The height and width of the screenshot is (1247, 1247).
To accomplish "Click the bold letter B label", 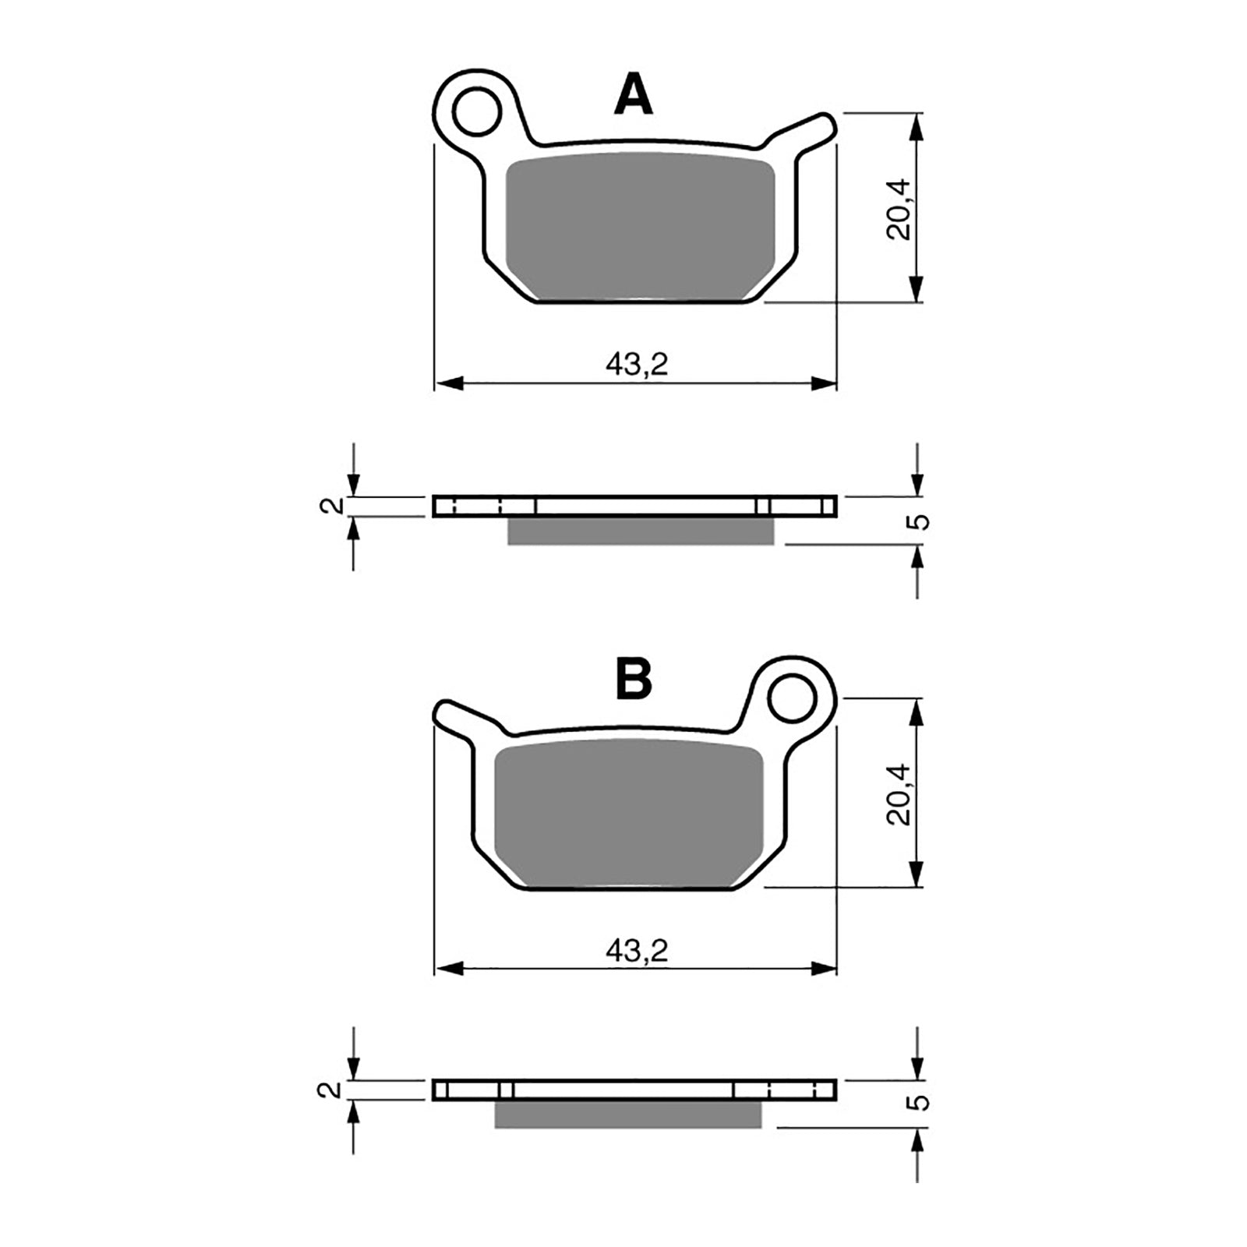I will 633,680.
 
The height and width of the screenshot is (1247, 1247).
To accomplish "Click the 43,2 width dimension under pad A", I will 637,364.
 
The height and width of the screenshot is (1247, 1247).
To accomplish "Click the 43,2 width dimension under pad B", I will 637,950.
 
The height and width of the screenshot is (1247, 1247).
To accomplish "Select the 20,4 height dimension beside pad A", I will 898,209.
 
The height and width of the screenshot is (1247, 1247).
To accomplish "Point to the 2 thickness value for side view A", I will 333,506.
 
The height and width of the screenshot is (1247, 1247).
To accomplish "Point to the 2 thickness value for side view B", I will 333,1090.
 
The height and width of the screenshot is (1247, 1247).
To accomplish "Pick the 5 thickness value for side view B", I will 921,1102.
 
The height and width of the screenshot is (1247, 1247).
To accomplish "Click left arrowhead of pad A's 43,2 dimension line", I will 449,383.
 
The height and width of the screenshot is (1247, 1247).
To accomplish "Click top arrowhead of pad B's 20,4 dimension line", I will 917,711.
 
